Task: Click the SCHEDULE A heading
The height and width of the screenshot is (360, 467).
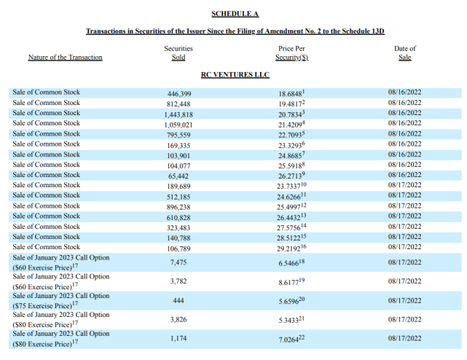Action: tap(235, 14)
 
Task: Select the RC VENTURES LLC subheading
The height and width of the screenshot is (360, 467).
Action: tap(235, 74)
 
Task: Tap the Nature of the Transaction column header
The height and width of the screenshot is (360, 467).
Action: tap(65, 58)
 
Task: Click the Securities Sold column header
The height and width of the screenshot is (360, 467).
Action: tap(178, 53)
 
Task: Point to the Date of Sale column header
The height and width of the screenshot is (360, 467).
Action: tap(404, 53)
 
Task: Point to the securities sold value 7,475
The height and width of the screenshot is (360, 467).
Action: tap(179, 262)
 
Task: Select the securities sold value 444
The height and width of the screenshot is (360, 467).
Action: tap(179, 300)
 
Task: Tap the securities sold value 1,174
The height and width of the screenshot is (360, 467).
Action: tap(179, 337)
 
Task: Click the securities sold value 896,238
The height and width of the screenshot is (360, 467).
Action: tap(179, 206)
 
